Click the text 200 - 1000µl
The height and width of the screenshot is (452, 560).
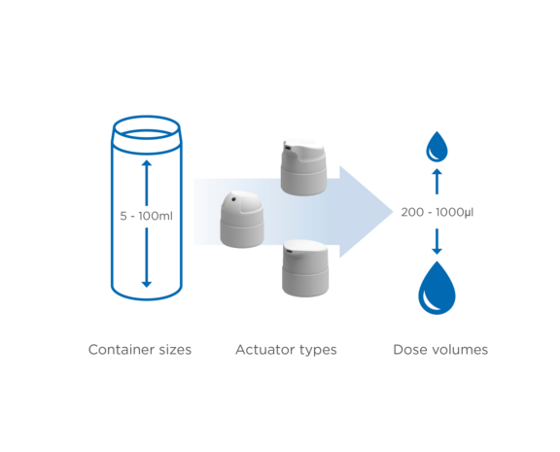pos(437,210)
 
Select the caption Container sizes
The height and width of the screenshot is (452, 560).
pos(139,349)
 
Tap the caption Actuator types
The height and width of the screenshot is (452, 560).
pos(286,349)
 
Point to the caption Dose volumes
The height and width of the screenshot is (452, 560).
pos(439,349)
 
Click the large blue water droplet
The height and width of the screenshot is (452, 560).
pos(437,289)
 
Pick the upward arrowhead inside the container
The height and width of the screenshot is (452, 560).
pos(146,165)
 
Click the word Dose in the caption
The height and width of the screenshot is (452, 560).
pos(409,349)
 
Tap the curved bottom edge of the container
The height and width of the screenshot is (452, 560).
pos(146,296)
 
